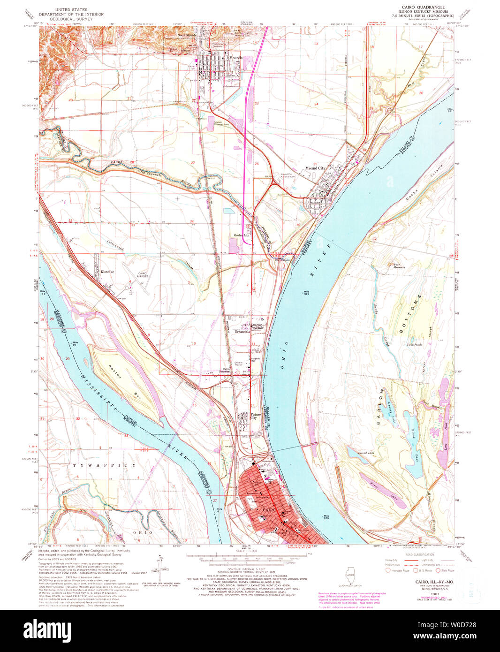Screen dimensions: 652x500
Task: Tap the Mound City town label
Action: [x=315, y=168]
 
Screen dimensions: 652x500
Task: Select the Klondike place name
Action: [x=107, y=272]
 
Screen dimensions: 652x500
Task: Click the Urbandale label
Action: [x=243, y=332]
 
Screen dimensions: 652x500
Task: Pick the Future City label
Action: [x=256, y=416]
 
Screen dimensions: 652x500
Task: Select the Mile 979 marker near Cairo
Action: [x=326, y=516]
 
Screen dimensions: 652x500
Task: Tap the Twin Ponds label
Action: [x=414, y=345]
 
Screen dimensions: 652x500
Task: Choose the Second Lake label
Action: [x=366, y=453]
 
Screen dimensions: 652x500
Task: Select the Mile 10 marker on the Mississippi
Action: [x=75, y=343]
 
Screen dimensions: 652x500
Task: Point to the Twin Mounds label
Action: [x=399, y=265]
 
